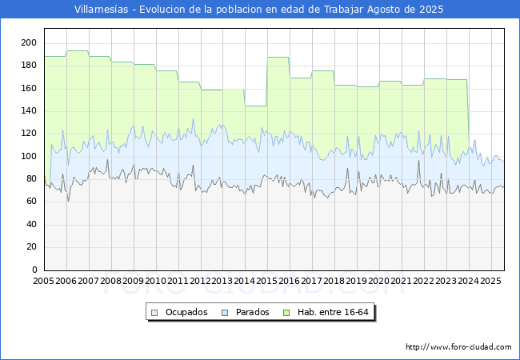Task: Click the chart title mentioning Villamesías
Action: [x=258, y=10]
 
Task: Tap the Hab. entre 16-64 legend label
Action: [x=333, y=312]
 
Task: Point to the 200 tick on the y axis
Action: [x=29, y=42]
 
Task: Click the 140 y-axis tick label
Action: [x=29, y=110]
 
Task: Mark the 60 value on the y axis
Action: [x=31, y=202]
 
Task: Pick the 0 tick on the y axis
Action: [x=34, y=270]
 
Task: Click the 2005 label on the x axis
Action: [x=43, y=281]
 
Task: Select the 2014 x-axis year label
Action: [x=245, y=281]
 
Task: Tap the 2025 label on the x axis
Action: [x=490, y=281]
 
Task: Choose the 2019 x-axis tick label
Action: [x=356, y=281]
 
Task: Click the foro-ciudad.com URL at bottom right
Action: [x=458, y=347]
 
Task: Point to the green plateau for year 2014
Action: [x=256, y=106]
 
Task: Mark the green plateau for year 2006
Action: [x=78, y=51]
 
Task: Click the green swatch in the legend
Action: [x=286, y=313]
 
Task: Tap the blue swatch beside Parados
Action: [x=225, y=313]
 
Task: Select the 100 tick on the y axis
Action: [x=29, y=156]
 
